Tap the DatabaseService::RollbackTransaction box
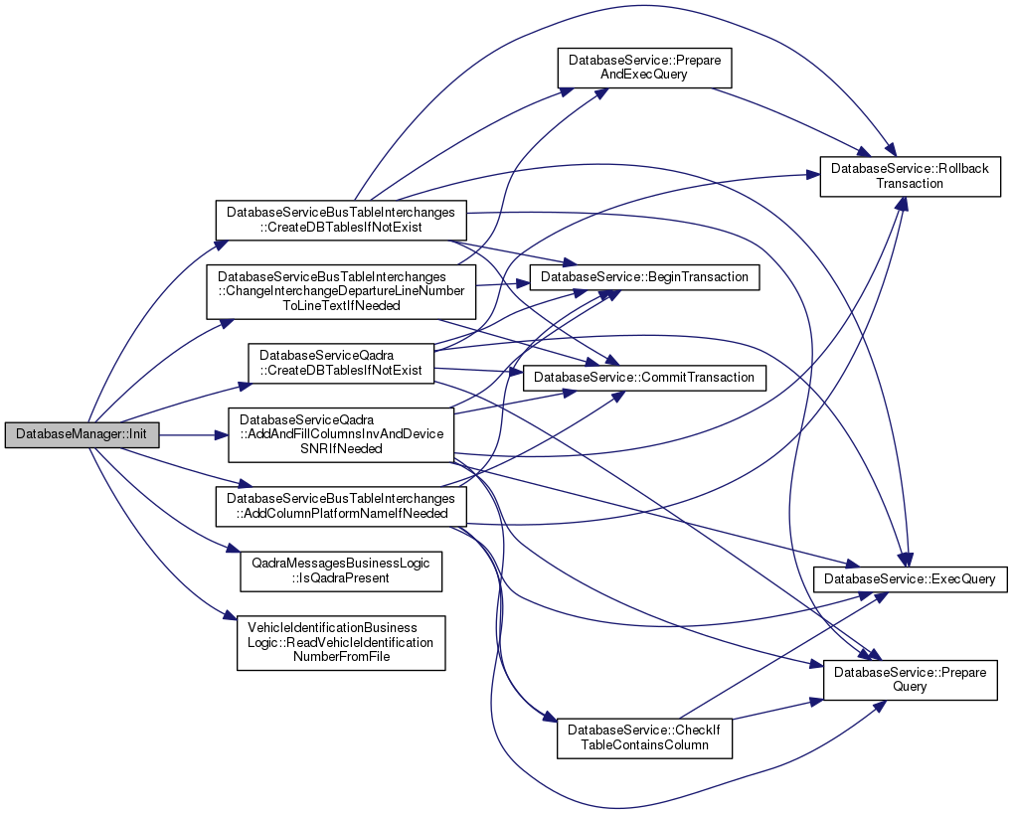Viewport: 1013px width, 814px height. (x=910, y=176)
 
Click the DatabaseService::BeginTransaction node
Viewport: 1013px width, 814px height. (x=645, y=276)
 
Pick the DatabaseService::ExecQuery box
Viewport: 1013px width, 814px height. (x=911, y=578)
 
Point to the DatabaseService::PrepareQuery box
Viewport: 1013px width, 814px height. (x=910, y=680)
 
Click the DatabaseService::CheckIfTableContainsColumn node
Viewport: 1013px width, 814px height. (x=644, y=736)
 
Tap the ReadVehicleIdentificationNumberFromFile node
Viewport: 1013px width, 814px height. (x=340, y=642)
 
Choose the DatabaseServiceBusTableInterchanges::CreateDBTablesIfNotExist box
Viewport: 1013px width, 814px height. (x=341, y=220)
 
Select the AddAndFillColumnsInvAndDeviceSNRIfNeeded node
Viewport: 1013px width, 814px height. (x=341, y=434)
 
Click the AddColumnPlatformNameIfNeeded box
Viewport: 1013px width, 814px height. (x=341, y=506)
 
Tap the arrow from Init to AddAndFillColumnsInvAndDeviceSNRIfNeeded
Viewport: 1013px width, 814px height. (x=189, y=434)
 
